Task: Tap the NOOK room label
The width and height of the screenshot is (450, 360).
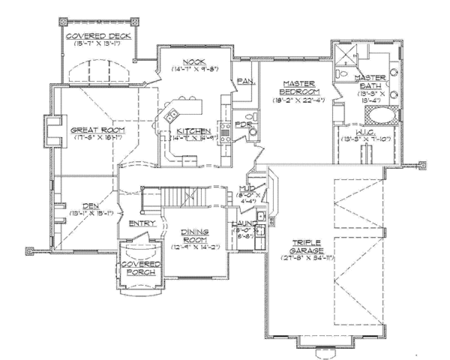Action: (x=184, y=63)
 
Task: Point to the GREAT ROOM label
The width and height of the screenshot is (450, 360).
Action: (x=97, y=130)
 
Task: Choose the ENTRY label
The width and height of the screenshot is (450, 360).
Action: (x=142, y=223)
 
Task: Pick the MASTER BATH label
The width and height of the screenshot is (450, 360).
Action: (x=370, y=83)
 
